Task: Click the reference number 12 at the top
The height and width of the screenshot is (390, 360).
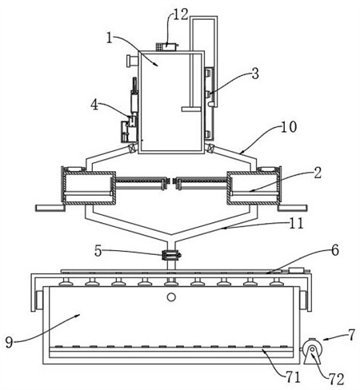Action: click(x=181, y=15)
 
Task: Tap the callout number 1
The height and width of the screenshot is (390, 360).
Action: click(x=109, y=38)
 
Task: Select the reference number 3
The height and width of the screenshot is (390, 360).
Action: click(x=255, y=74)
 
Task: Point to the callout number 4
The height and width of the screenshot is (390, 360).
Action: click(x=94, y=105)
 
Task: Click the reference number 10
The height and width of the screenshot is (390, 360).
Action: click(x=289, y=127)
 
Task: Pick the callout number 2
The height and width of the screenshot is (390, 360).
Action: click(x=318, y=173)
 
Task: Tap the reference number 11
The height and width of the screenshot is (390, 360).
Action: click(x=296, y=223)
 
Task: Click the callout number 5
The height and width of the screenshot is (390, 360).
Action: click(x=98, y=251)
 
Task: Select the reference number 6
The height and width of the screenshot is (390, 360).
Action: click(x=335, y=250)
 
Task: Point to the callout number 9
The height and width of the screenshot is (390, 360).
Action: click(x=9, y=342)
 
